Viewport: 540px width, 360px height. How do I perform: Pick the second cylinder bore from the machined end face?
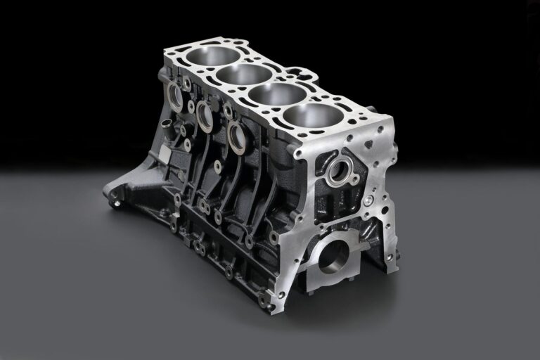click(x=279, y=95)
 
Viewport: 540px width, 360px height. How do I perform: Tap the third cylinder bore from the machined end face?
click(x=244, y=75)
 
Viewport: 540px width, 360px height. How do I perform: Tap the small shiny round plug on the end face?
click(x=368, y=200)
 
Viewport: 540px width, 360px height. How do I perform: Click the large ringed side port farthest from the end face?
click(x=174, y=98)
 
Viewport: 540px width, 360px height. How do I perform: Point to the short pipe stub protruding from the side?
click(x=165, y=124)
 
